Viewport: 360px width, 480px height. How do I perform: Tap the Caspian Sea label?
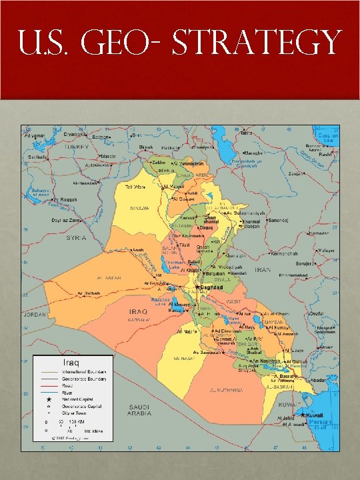pyautogui.click(x=328, y=137)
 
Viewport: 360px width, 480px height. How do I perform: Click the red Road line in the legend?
pyautogui.click(x=49, y=385)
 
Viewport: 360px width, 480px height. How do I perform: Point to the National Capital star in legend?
pyautogui.click(x=49, y=399)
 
